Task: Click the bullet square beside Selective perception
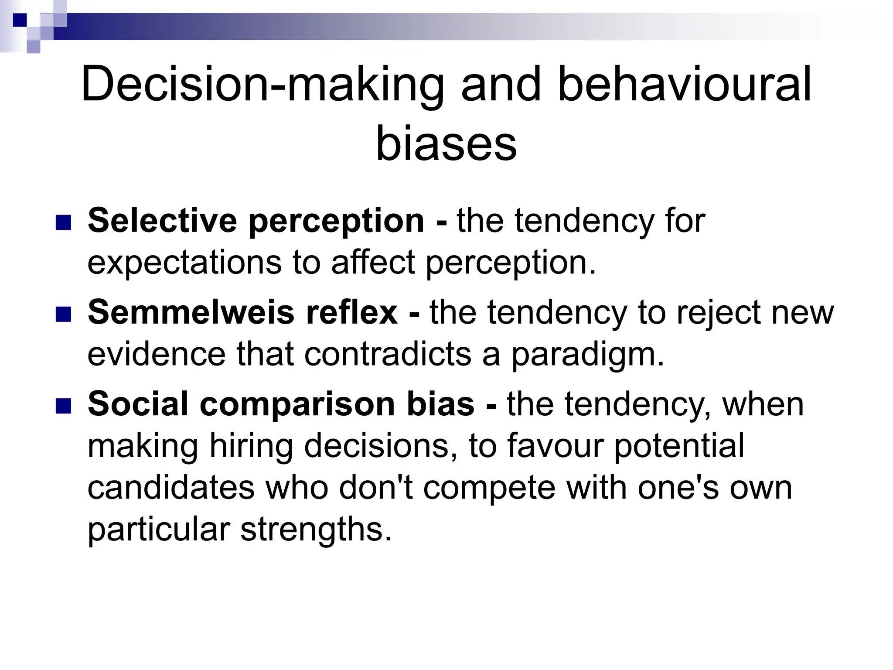click(x=63, y=223)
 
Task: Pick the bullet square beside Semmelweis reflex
click(x=63, y=314)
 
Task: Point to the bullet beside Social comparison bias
click(x=63, y=406)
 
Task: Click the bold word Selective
click(x=162, y=221)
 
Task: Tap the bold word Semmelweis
click(x=191, y=312)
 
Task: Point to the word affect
click(x=373, y=262)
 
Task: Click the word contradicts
click(x=388, y=354)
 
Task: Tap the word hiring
click(x=251, y=447)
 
